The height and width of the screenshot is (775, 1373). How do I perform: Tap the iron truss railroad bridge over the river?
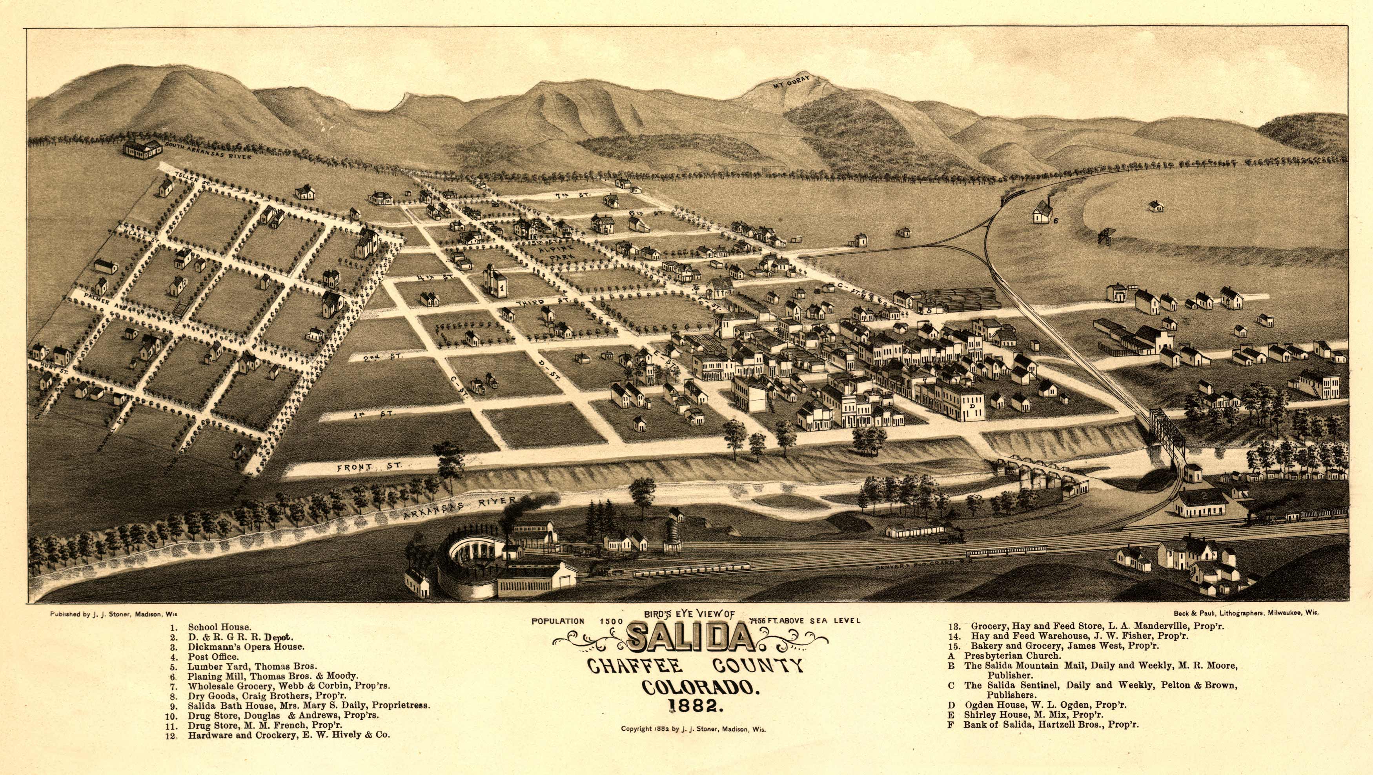1167,434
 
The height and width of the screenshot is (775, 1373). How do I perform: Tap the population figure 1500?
611,621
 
